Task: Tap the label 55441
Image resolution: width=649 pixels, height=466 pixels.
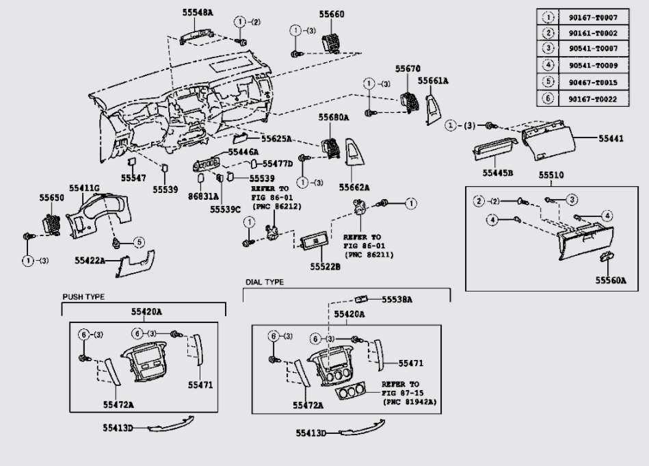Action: click(x=611, y=139)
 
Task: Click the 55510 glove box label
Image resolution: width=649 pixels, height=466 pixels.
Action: click(x=551, y=176)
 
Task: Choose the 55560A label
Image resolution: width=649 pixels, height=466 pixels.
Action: click(x=610, y=280)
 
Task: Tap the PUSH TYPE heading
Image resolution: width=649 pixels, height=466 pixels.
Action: click(x=83, y=297)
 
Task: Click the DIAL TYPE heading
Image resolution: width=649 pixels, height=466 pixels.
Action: click(x=265, y=282)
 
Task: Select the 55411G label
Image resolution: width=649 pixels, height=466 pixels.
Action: click(x=84, y=187)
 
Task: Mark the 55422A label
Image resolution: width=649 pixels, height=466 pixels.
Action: click(x=90, y=261)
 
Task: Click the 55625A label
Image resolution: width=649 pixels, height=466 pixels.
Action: click(x=277, y=139)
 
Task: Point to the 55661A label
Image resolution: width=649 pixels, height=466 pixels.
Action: click(x=433, y=81)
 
